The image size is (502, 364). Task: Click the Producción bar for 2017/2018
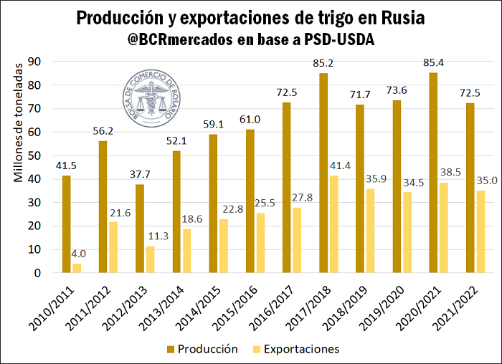(323, 173)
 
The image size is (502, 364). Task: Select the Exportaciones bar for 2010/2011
(77, 268)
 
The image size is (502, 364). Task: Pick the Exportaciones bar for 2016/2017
(297, 240)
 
